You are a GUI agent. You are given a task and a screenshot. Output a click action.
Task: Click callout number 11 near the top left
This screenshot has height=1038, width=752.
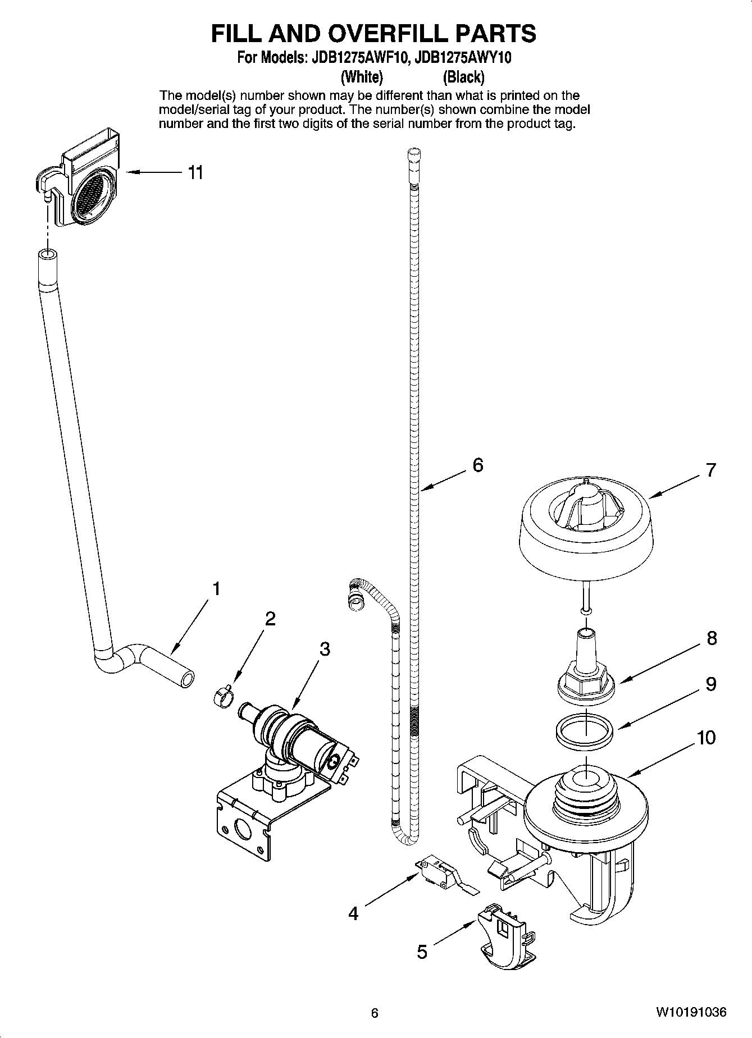195,172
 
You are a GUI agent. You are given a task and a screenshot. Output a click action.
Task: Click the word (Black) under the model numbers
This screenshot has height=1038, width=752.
463,77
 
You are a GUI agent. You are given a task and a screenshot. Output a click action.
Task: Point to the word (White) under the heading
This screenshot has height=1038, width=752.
362,77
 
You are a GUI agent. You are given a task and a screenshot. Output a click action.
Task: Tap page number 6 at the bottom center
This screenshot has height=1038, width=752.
375,1013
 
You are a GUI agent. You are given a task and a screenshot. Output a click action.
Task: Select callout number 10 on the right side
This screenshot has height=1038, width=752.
707,737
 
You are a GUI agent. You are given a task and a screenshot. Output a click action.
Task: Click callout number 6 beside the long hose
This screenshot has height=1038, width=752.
477,465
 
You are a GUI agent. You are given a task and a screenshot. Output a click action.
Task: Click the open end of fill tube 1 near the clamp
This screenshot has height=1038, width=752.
186,679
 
